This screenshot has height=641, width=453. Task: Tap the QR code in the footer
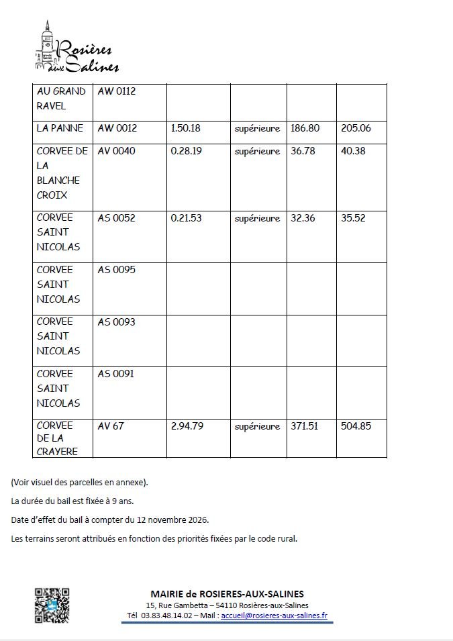[x=52, y=605]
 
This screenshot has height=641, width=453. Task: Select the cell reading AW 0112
[x=117, y=91]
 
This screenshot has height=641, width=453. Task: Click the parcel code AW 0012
[x=117, y=128]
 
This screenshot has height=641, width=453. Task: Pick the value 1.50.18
[x=186, y=128]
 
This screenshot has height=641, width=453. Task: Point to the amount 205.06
[x=356, y=128]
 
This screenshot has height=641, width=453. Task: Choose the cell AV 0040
[x=116, y=151]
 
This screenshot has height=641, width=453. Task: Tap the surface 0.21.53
[x=186, y=217]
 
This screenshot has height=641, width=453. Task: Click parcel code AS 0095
[x=116, y=270]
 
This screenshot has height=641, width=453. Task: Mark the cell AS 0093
[x=116, y=322]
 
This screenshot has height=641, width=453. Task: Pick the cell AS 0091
[x=116, y=374]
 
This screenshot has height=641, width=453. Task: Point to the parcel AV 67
[x=111, y=426]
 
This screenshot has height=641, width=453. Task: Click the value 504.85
[x=356, y=426]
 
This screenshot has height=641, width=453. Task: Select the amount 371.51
[x=305, y=426]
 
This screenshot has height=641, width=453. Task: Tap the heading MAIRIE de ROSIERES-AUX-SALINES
[x=227, y=594]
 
